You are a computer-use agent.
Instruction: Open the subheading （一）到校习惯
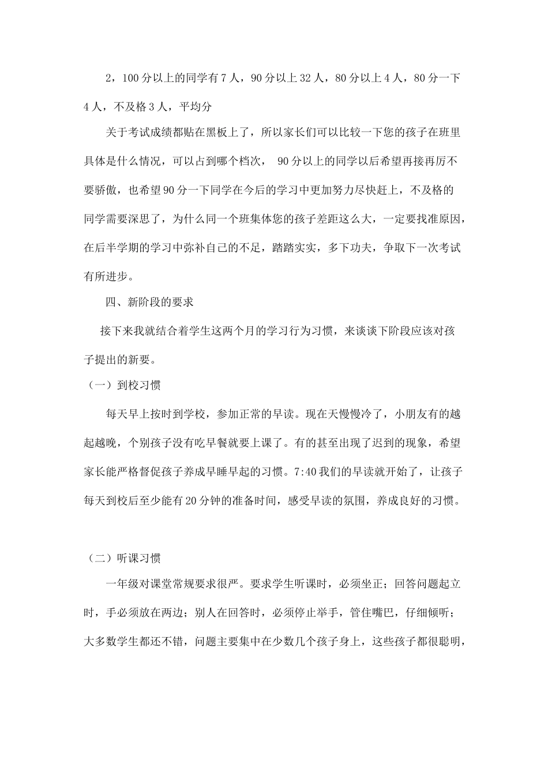pos(122,386)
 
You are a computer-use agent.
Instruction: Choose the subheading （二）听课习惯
pos(122,558)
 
